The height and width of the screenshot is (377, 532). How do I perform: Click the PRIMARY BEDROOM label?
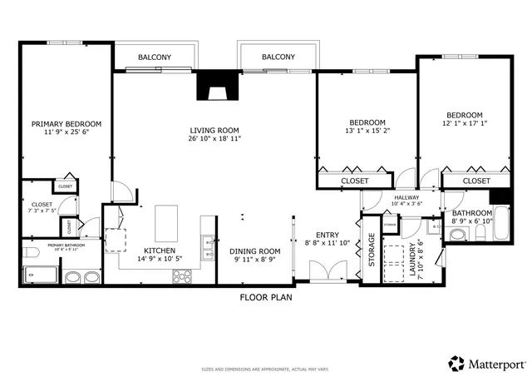pos(66,124)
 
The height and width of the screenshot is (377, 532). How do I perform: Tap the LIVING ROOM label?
pos(214,130)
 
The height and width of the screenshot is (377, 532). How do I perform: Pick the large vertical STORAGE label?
pos(372,251)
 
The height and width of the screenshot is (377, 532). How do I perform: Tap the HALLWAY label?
pos(406,196)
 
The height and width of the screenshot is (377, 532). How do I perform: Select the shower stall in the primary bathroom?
pos(40,275)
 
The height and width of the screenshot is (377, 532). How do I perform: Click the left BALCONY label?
pos(155,57)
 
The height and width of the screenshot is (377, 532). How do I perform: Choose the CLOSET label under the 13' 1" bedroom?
pos(355,181)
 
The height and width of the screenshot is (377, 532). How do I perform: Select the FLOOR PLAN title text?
pos(266,296)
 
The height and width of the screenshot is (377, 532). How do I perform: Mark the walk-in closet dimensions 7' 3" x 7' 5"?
pos(42,211)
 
